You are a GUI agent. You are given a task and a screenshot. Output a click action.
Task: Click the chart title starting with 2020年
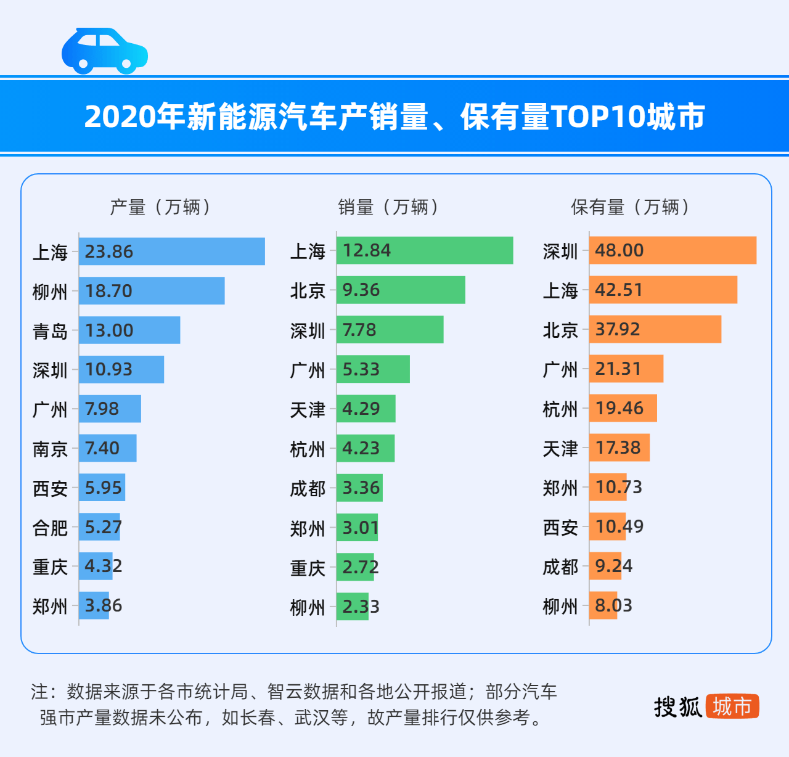tap(394, 116)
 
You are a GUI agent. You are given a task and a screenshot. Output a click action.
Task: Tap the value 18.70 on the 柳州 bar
tap(108, 291)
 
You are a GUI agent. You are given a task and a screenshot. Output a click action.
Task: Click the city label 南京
tap(50, 449)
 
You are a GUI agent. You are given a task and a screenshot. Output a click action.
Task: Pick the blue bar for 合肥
tap(99, 527)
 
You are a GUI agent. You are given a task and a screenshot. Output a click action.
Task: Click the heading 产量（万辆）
tap(161, 207)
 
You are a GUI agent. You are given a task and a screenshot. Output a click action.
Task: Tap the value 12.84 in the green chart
tap(367, 251)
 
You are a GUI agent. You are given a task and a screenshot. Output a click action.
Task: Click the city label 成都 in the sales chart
tap(308, 489)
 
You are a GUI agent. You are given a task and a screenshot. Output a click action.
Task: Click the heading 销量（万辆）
tap(389, 207)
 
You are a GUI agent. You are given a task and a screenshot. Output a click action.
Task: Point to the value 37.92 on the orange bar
tap(618, 329)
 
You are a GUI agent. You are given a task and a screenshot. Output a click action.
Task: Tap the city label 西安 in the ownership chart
tap(560, 528)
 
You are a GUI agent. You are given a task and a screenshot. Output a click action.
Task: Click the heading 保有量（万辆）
tap(631, 207)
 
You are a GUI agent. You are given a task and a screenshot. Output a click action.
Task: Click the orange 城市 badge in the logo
tap(732, 706)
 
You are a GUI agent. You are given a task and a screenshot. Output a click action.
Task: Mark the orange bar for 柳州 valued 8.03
tap(603, 605)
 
